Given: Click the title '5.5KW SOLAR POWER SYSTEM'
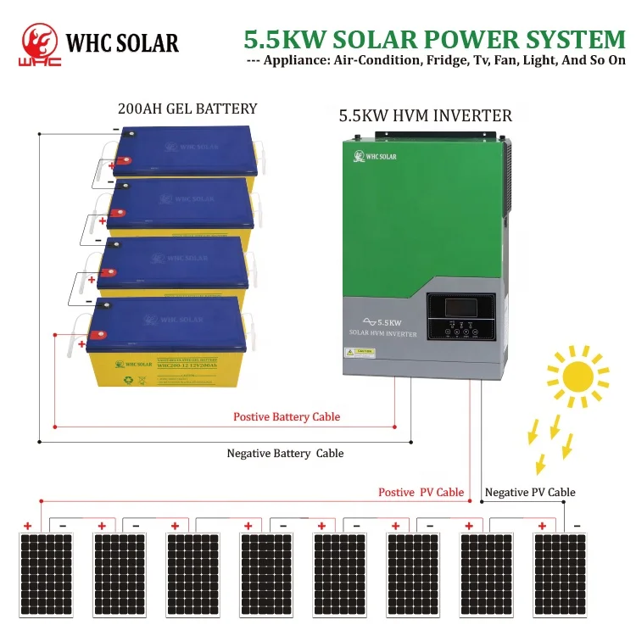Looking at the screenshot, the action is (434, 39).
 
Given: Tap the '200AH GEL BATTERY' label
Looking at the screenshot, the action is (187, 109).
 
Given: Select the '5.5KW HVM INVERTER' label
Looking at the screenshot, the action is (425, 115).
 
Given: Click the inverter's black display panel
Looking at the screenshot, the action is (460, 317).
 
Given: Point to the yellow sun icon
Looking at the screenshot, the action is (580, 373).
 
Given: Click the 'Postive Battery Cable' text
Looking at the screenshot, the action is (287, 416).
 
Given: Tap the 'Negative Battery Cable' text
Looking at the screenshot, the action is (285, 453).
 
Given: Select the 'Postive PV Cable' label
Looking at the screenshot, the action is (421, 492).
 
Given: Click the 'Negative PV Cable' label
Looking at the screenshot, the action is (530, 492).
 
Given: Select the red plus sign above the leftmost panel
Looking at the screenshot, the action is (27, 526).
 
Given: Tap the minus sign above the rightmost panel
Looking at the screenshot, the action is (577, 526).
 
